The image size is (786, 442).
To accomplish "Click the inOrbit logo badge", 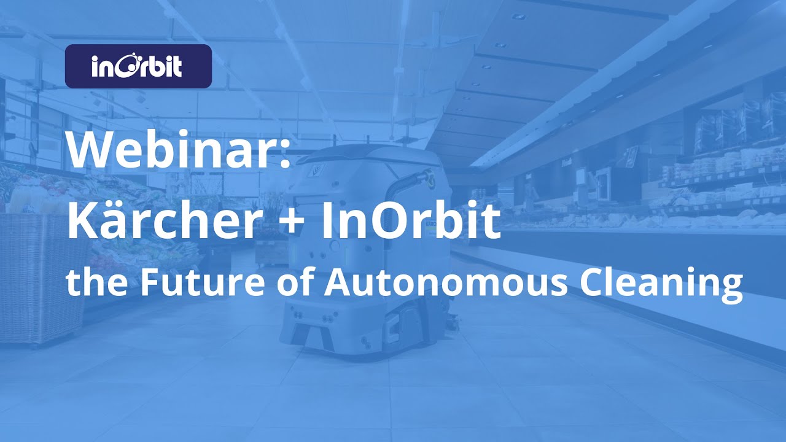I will tap(138, 66).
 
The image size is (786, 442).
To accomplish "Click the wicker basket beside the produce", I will tap(40, 276).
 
